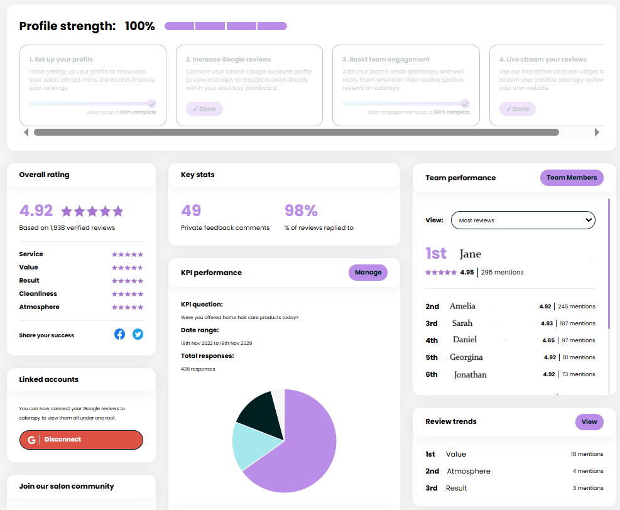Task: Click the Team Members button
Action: (572, 178)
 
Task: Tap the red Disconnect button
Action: (81, 440)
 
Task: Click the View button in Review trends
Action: (589, 422)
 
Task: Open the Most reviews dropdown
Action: (523, 220)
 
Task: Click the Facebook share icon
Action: (119, 335)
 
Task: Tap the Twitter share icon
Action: (138, 335)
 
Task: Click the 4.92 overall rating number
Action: (36, 210)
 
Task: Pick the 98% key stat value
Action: (301, 210)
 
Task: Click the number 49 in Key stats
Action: (191, 210)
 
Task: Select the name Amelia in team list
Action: (462, 307)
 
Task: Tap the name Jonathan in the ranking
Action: (470, 374)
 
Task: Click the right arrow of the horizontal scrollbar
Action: (597, 133)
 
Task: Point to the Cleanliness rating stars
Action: (128, 294)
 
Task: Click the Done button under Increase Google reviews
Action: (204, 109)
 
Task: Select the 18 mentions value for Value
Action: (587, 454)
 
